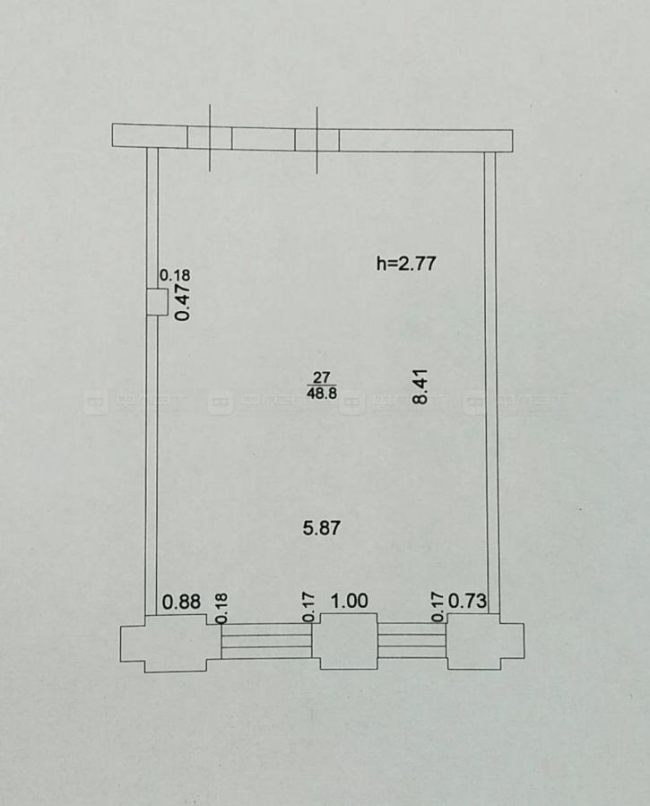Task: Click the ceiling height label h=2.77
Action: pos(406,264)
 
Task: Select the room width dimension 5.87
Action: pos(322,528)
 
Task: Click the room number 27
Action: pos(322,377)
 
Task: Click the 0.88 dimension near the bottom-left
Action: pos(181,602)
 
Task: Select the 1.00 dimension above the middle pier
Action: pos(350,601)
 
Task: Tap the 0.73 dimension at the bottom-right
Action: pos(468,600)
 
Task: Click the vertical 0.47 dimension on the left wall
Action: pos(183,303)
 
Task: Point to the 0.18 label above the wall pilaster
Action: pos(175,275)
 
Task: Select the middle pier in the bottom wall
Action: pos(349,641)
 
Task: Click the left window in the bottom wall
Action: pos(266,640)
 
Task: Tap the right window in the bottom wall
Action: pos(412,640)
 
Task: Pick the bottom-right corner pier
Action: pos(485,641)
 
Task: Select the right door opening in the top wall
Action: pos(317,139)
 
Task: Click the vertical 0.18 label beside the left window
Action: pos(222,608)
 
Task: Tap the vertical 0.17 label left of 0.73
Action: pos(438,607)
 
